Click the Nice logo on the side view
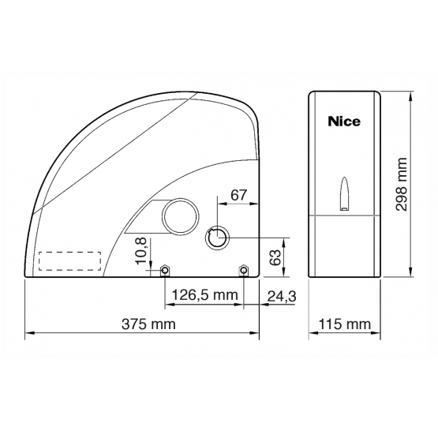[344, 122]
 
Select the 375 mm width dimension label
[148, 324]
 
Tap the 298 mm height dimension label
[402, 185]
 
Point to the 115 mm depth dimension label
[344, 324]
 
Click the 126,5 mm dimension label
[204, 294]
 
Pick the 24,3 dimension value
[282, 296]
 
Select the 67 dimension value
[239, 195]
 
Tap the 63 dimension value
[275, 257]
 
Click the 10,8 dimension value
[140, 251]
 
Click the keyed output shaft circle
[217, 238]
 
